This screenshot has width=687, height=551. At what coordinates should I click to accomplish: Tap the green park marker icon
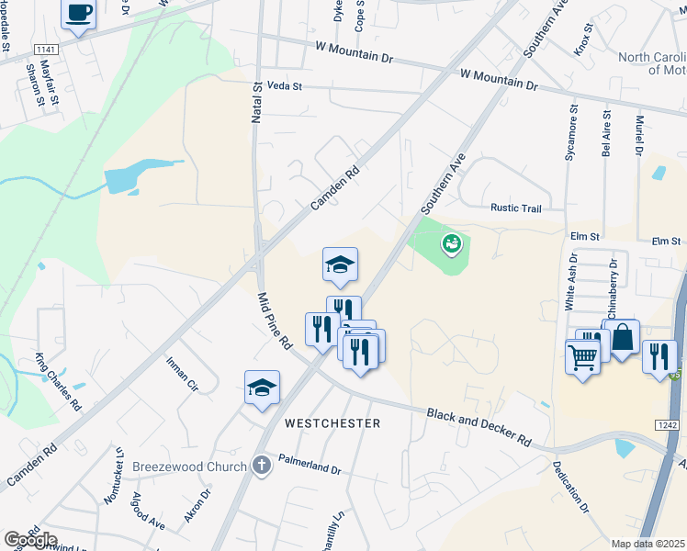pos(451,243)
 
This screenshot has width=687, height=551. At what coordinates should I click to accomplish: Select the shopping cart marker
pos(582,355)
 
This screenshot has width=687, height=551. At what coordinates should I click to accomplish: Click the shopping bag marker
pos(622,338)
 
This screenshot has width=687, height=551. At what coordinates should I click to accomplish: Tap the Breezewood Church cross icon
pos(261,466)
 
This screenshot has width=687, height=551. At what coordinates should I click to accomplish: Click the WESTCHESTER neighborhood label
pos(332,423)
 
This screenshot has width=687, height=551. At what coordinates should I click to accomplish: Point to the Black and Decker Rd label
pos(479,427)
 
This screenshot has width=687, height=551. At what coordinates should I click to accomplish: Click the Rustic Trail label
pos(516,208)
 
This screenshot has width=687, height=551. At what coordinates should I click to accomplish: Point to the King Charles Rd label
pos(58,380)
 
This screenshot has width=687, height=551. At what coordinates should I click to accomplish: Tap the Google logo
pos(29,540)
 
